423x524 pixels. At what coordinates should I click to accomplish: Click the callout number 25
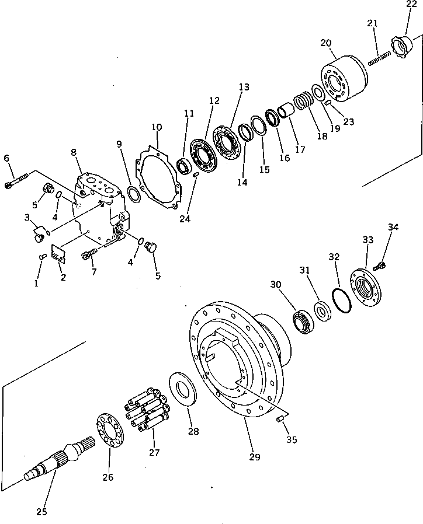pyautogui.click(x=41, y=512)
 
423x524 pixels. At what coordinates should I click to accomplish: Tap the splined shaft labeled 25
pyautogui.click(x=59, y=462)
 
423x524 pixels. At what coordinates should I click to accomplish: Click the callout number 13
pyautogui.click(x=244, y=88)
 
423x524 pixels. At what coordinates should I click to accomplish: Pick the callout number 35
pyautogui.click(x=292, y=439)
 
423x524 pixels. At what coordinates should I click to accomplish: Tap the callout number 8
pyautogui.click(x=73, y=152)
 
